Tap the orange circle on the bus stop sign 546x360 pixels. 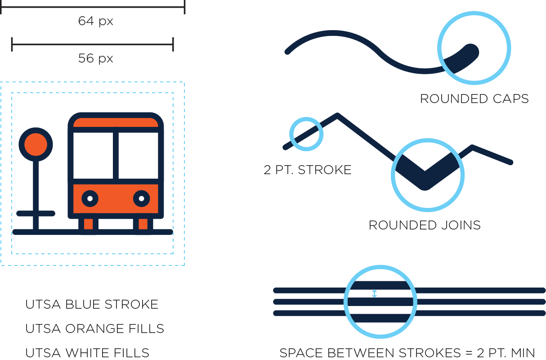point(36,144)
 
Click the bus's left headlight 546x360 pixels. point(90,198)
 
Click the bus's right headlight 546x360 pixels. point(141,198)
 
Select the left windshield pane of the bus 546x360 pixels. point(93,155)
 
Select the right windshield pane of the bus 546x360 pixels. point(139,155)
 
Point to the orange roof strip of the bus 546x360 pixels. point(116,122)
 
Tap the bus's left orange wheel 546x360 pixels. point(88,224)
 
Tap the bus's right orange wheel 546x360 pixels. point(143,224)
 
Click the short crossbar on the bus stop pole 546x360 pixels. point(36,213)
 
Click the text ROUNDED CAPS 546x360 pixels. point(474,99)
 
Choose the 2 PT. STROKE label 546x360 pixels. point(308,170)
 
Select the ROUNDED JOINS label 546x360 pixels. point(425,225)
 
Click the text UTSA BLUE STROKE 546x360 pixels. point(92,305)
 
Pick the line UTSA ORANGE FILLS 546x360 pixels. point(94,329)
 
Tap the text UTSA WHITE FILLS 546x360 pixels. point(87,353)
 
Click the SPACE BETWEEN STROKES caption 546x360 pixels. point(407,353)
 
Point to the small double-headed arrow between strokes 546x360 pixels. point(375,293)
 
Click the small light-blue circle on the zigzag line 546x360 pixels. point(306,133)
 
